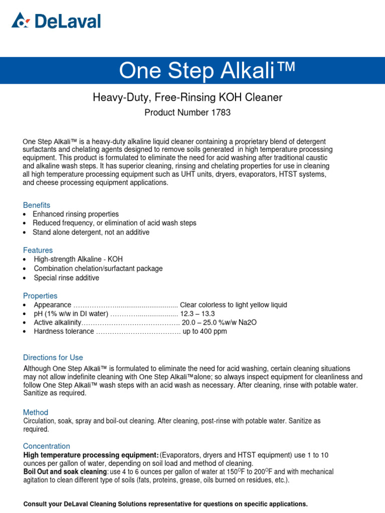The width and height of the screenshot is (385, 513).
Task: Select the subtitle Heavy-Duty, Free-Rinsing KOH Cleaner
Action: [x=187, y=98]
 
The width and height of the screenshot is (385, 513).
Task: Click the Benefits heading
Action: [x=37, y=205]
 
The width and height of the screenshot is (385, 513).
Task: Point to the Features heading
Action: [x=38, y=250]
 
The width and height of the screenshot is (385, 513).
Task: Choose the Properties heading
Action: [x=40, y=296]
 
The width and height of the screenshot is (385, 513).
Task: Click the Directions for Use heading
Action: [x=53, y=358]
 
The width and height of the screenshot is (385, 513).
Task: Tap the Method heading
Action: [x=36, y=412]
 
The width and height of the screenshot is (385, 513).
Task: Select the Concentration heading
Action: [x=47, y=446]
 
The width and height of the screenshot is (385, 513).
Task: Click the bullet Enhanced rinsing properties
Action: [x=76, y=214]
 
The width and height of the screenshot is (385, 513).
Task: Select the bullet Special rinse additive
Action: [x=66, y=278]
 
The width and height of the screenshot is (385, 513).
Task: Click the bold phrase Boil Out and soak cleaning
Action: [x=65, y=472]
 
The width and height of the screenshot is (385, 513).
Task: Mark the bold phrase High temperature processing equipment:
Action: [x=91, y=455]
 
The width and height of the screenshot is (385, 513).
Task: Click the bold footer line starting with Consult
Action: [x=165, y=504]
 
